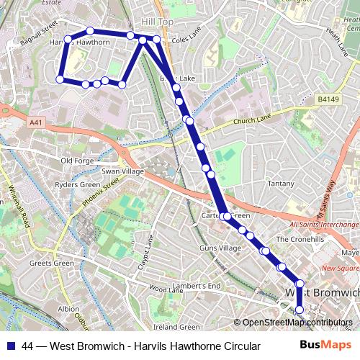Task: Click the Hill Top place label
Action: point(158,22)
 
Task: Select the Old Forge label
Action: point(77,161)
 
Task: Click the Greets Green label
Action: point(51,263)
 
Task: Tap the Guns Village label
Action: point(220,248)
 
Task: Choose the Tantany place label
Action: point(280,184)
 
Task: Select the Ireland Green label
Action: point(176,328)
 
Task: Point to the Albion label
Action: point(68,309)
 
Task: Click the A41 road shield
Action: point(37,123)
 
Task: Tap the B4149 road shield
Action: point(328,99)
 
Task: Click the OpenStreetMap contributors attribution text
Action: point(297,323)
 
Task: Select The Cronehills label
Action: point(302,239)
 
